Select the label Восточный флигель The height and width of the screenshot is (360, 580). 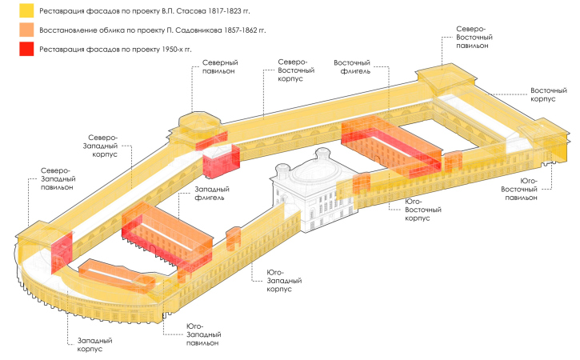pos(352,66)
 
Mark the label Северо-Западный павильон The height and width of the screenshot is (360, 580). pos(56,180)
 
